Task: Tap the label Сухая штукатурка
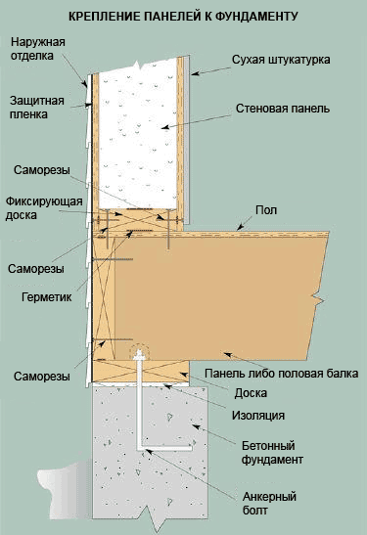tap(281, 60)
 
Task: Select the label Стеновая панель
tap(283, 109)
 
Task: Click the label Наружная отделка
tap(37, 49)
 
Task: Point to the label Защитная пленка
tap(37, 108)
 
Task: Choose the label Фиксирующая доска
tap(44, 208)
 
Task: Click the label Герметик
tap(46, 297)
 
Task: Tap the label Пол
tap(266, 210)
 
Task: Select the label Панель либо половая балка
tap(281, 374)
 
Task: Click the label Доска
tap(251, 393)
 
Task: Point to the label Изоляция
tap(258, 416)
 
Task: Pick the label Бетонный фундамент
tap(272, 453)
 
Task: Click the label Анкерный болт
tap(269, 504)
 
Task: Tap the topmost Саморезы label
tap(42, 170)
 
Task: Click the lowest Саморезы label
tap(42, 377)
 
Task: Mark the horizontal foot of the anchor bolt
tap(164, 448)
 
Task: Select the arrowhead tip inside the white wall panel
tap(161, 128)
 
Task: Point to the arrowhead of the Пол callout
tap(238, 228)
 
